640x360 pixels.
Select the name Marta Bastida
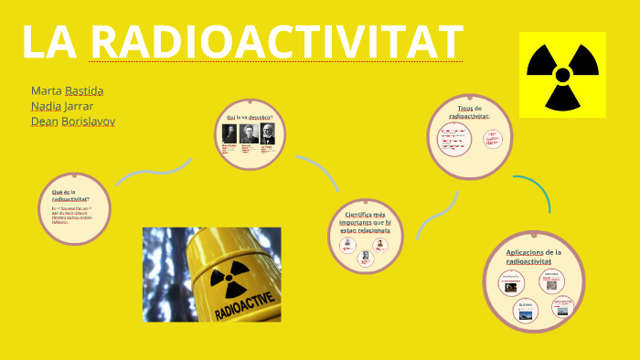click(x=67, y=90)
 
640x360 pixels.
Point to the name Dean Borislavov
click(x=73, y=121)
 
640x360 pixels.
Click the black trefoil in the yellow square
click(x=562, y=73)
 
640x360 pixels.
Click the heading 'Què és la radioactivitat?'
click(x=77, y=195)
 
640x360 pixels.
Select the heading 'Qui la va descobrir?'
click(x=250, y=117)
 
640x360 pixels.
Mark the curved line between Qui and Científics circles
click(x=319, y=170)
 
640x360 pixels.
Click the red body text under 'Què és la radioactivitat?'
click(x=77, y=216)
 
